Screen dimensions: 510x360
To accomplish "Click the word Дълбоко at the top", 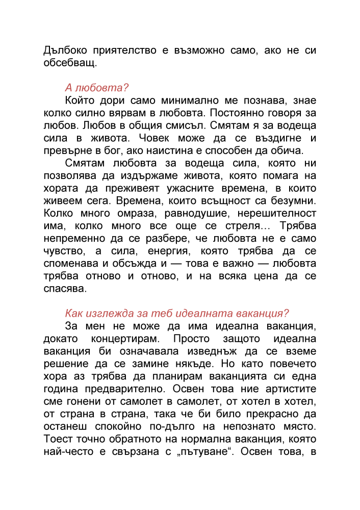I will [x=64, y=51].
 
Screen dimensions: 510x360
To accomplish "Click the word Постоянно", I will [x=239, y=112].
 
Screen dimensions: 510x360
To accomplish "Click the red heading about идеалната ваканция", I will [x=177, y=313].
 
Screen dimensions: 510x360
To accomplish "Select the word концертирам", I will [x=125, y=338].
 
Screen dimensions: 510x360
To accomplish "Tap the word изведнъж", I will [x=195, y=351].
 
